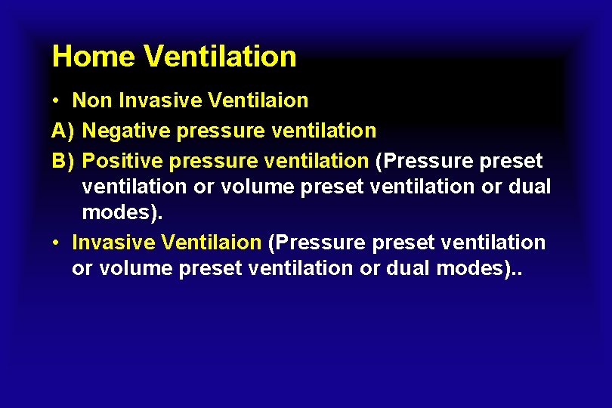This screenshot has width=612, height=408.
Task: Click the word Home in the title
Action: (x=93, y=57)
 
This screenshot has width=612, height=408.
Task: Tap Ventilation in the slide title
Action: (x=219, y=57)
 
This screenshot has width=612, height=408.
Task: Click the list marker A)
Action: (x=63, y=131)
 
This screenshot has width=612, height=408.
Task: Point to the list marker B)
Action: (x=63, y=161)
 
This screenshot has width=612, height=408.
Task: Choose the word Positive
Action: (x=122, y=161)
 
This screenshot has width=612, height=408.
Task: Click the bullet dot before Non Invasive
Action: (x=57, y=101)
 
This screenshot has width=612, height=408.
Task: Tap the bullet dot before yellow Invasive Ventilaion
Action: (x=57, y=243)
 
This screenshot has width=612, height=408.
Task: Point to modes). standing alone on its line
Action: (x=122, y=212)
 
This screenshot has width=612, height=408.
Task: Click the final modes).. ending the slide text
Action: (x=479, y=268)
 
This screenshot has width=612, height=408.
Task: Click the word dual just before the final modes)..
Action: (x=407, y=268)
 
